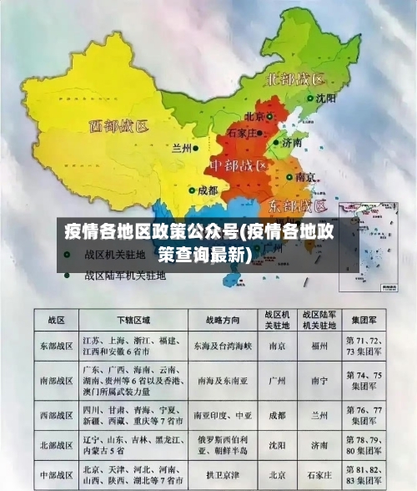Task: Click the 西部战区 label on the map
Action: [118, 127]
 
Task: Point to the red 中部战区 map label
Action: [238, 165]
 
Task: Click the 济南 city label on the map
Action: [291, 143]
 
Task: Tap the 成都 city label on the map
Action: [208, 190]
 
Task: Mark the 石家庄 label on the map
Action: [248, 131]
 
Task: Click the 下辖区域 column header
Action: [133, 319]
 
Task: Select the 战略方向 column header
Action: [223, 319]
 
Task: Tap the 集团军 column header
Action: [366, 319]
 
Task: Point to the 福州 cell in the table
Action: [319, 345]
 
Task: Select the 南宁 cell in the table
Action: [319, 379]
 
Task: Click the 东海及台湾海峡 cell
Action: [223, 345]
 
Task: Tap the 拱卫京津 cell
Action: [223, 473]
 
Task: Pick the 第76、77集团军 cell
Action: [366, 415]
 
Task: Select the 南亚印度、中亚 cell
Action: [223, 415]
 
